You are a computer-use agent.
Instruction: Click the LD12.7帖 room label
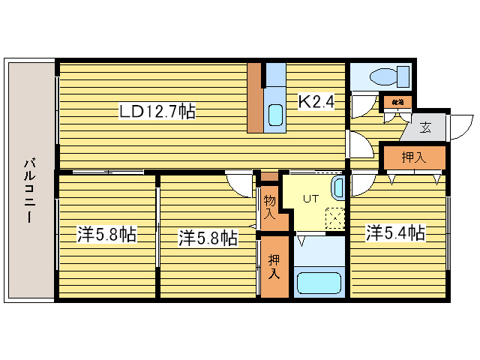[x=157, y=112]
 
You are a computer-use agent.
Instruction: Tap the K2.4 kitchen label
[x=316, y=100]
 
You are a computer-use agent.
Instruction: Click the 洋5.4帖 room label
[x=395, y=233]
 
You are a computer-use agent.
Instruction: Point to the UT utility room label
[x=310, y=199]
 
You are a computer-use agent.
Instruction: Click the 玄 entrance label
[x=425, y=127]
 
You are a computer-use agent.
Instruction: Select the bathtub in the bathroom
[x=319, y=283]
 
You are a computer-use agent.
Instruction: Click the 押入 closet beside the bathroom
[x=274, y=266]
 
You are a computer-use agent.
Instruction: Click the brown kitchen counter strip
[x=255, y=97]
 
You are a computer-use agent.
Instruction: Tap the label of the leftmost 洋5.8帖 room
[x=106, y=235]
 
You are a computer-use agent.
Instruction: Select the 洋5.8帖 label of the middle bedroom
[x=208, y=238]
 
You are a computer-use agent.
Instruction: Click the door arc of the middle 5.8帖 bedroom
[x=241, y=183]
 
